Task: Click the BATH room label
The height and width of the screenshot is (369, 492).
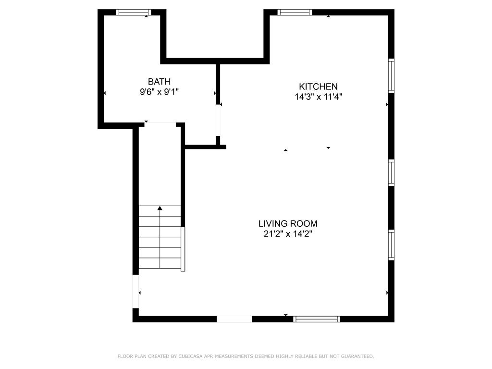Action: [x=159, y=82]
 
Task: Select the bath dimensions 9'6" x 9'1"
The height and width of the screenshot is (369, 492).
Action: [x=159, y=92]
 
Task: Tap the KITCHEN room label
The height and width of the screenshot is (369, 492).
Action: [x=318, y=86]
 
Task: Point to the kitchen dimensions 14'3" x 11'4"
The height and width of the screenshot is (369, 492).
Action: [x=318, y=97]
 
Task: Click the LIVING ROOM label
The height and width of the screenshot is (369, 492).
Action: [x=288, y=223]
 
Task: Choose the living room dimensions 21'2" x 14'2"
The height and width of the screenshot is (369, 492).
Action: [x=288, y=234]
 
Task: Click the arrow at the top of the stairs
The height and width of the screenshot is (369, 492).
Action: [x=160, y=208]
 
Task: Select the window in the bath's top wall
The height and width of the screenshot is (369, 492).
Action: [x=134, y=12]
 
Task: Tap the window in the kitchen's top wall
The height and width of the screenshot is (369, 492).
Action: [x=295, y=12]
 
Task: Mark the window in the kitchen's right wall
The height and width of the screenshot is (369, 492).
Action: [x=391, y=76]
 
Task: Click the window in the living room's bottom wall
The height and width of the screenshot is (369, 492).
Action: [x=317, y=319]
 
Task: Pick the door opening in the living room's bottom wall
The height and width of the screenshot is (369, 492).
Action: [x=234, y=319]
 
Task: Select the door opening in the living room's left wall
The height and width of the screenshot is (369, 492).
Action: [x=135, y=291]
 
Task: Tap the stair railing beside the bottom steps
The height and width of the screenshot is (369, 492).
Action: [x=183, y=249]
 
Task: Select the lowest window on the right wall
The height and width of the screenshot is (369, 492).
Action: [x=391, y=245]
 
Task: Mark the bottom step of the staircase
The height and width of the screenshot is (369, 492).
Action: [x=160, y=263]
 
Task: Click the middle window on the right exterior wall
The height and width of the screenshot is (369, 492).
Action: [x=391, y=172]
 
